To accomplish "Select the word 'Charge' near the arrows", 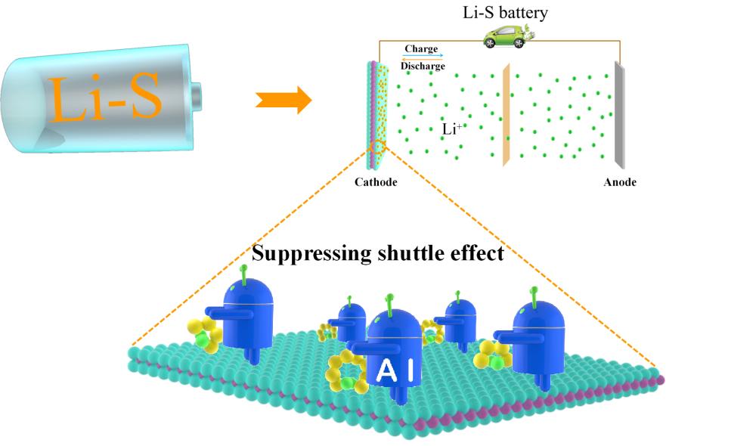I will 421,49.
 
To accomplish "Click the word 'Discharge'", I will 423,66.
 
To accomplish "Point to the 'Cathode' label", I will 376,182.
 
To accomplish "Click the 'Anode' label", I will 620,182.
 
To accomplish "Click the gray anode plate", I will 618,116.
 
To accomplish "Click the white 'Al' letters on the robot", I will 394,370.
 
